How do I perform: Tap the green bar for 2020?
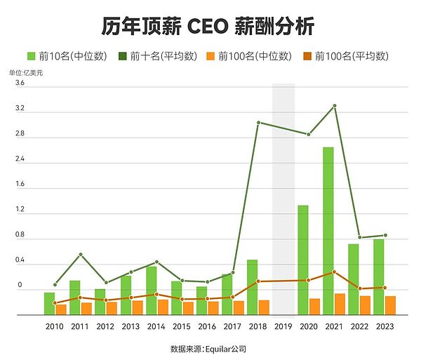(x=303, y=260)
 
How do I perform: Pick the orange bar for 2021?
(x=340, y=304)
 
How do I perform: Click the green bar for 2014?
(x=152, y=291)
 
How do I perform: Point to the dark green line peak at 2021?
(x=335, y=106)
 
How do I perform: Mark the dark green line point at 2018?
(x=258, y=123)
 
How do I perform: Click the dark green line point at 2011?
(x=81, y=254)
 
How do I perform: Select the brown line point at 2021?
(x=335, y=272)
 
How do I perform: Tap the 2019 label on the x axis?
(x=283, y=326)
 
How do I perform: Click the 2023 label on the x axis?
(x=385, y=326)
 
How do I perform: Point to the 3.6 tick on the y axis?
(x=20, y=84)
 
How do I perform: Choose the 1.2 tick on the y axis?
(x=20, y=210)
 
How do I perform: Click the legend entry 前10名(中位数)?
(x=68, y=55)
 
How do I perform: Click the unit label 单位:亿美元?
(x=26, y=73)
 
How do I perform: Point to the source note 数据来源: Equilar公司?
(x=208, y=348)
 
